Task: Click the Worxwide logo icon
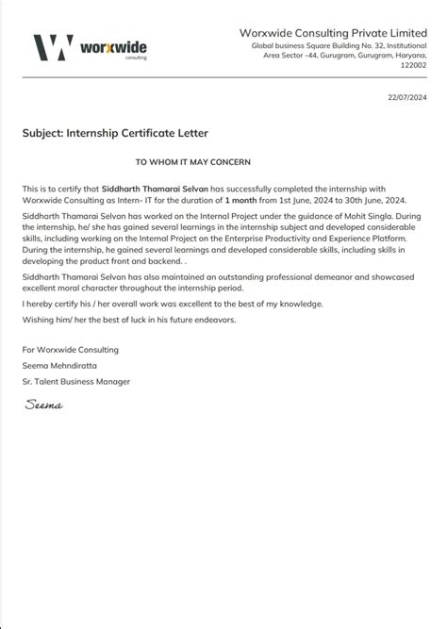point(53,47)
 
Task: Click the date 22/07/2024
point(406,98)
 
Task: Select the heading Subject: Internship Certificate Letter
point(115,133)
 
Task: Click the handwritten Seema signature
point(43,405)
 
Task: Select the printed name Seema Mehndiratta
point(58,365)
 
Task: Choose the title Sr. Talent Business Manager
point(76,381)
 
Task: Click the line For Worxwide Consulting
point(71,349)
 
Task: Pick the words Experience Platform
point(367,240)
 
